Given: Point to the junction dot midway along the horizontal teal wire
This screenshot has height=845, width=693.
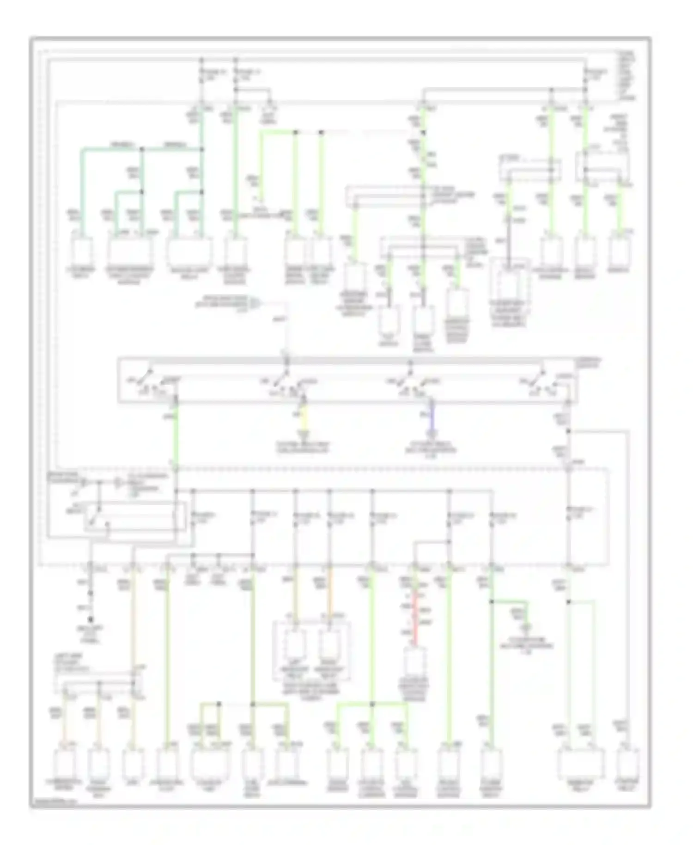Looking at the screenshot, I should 142,149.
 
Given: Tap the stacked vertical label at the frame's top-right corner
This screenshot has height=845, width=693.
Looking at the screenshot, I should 628,76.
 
